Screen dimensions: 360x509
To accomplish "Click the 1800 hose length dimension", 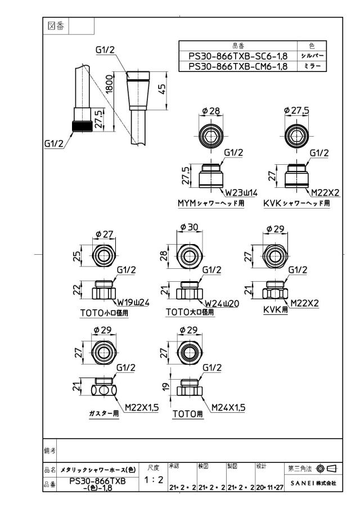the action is (x=109, y=84).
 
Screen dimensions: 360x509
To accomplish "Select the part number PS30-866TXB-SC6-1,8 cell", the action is (x=238, y=56).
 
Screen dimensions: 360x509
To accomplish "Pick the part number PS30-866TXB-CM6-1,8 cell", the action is (x=238, y=66).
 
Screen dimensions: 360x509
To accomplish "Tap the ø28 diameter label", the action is (x=211, y=111).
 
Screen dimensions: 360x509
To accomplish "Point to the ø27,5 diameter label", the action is (x=296, y=110).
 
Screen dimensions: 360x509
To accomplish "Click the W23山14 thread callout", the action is (x=241, y=193).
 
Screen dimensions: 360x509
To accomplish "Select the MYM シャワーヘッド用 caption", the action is (x=211, y=204).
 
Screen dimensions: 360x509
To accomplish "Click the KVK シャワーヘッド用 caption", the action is (x=296, y=204).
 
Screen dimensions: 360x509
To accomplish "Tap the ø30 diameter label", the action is (x=189, y=227).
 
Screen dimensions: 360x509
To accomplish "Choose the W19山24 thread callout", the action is (x=133, y=303).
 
